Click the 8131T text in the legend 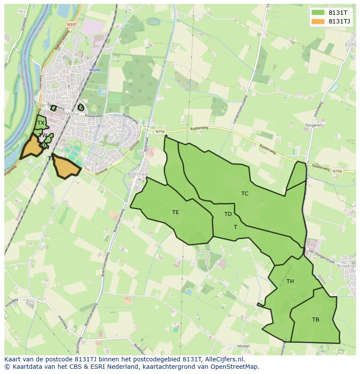(x=338, y=13)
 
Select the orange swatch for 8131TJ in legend (x=318, y=21)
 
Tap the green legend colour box (x=318, y=13)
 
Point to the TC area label (x=245, y=194)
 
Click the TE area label (x=175, y=212)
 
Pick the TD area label (x=228, y=214)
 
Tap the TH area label (x=290, y=281)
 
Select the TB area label (x=316, y=320)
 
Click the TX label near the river (x=40, y=123)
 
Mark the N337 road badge (x=72, y=25)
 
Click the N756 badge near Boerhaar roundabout (x=148, y=131)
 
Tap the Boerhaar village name (x=139, y=174)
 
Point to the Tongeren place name (x=313, y=125)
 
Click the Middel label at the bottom (x=243, y=346)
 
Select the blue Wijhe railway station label (x=94, y=70)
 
